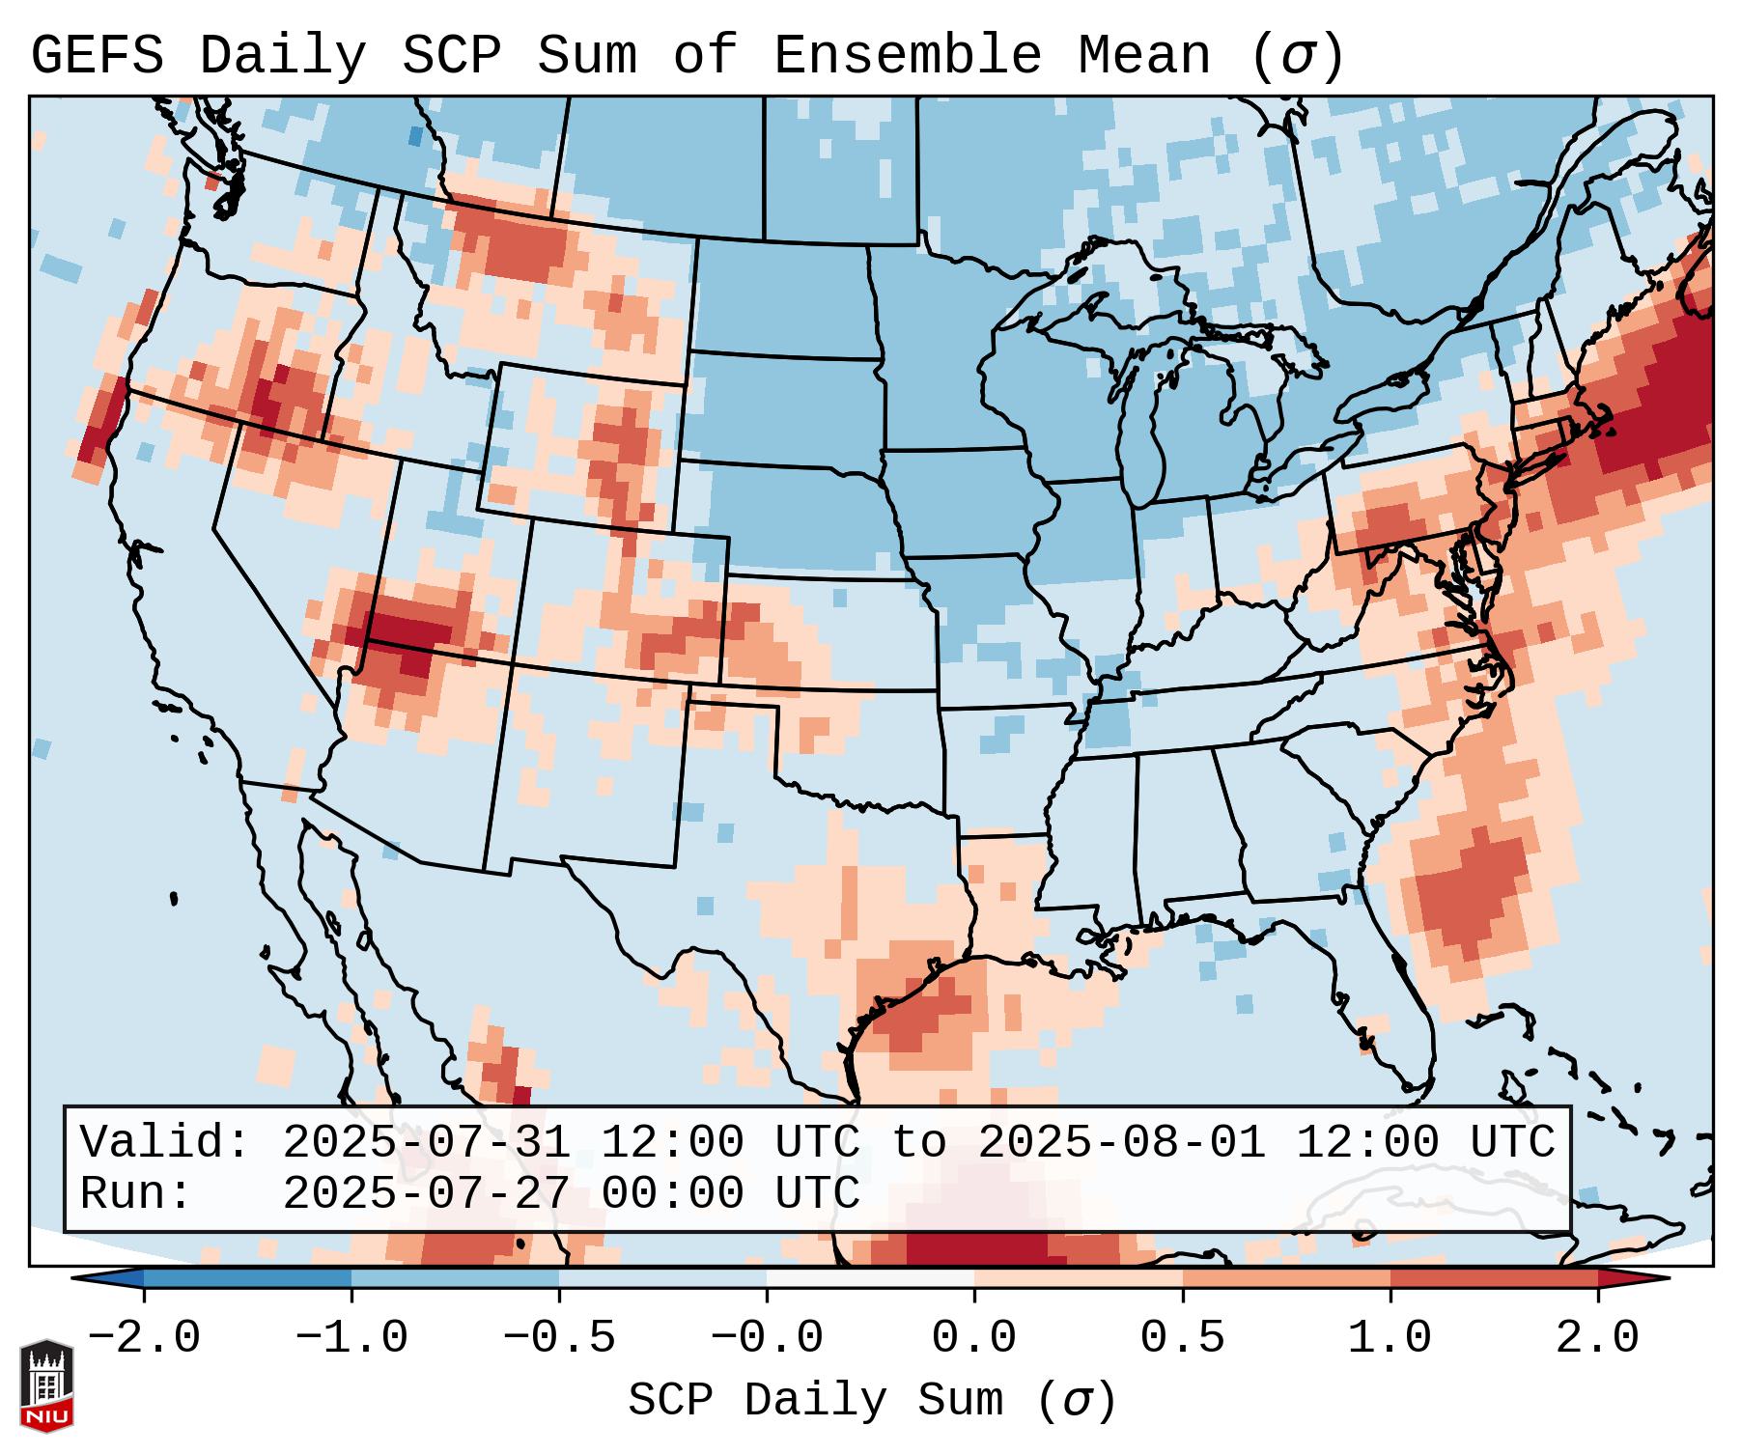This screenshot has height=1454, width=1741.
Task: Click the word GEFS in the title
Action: [97, 56]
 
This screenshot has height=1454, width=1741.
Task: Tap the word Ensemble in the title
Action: [907, 56]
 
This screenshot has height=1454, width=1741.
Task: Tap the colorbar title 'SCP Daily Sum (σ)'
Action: [872, 1401]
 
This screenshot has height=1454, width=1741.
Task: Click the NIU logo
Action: [46, 1385]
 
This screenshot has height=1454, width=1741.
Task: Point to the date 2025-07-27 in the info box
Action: [427, 1193]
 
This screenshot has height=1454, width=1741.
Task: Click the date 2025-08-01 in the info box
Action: [1122, 1142]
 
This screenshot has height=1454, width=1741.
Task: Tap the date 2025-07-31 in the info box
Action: [427, 1142]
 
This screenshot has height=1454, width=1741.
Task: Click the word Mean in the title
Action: [1143, 56]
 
